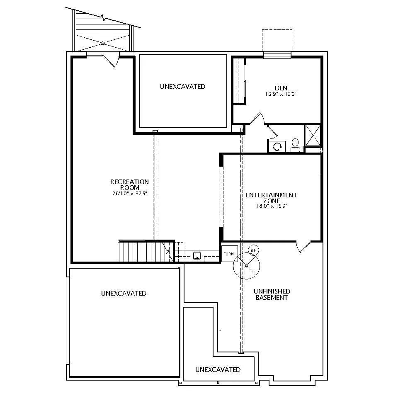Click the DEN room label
pyautogui.click(x=281, y=88)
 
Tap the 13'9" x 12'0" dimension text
pyautogui.click(x=281, y=94)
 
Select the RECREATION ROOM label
pyautogui.click(x=129, y=184)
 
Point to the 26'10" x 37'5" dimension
pyautogui.click(x=130, y=194)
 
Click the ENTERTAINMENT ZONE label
pyautogui.click(x=271, y=198)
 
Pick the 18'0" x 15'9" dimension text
pyautogui.click(x=271, y=206)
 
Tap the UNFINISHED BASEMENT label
pyautogui.click(x=272, y=294)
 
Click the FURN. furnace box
pyautogui.click(x=229, y=254)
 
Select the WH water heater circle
pyautogui.click(x=253, y=250)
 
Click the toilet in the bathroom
pyautogui.click(x=295, y=146)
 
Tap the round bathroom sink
pyautogui.click(x=277, y=147)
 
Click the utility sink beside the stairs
pyautogui.click(x=197, y=255)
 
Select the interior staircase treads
pyautogui.click(x=146, y=251)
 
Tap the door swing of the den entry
pyautogui.click(x=257, y=118)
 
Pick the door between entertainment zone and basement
pyautogui.click(x=303, y=247)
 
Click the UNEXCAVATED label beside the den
pyautogui.click(x=182, y=87)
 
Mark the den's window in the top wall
pyautogui.click(x=277, y=55)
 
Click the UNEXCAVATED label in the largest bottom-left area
pyautogui.click(x=124, y=294)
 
